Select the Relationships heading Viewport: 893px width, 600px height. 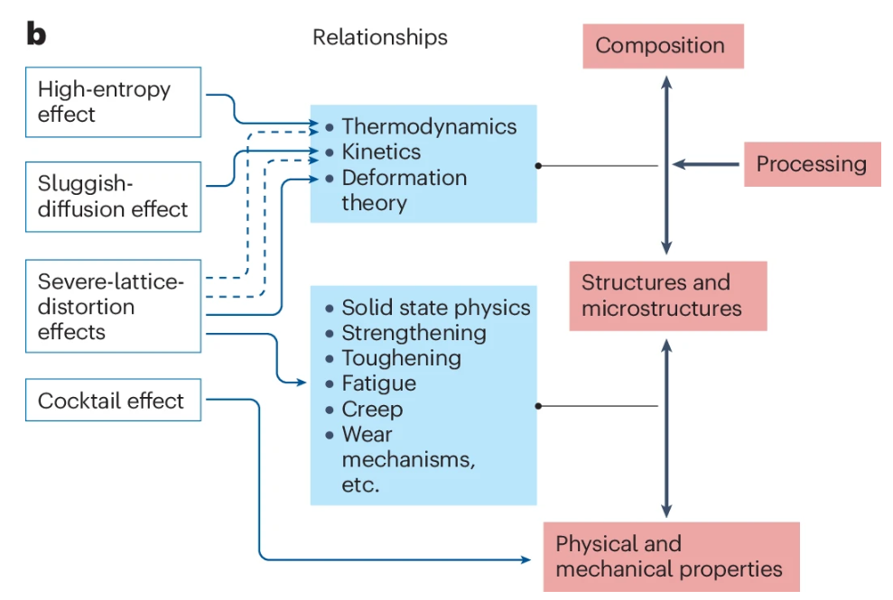(379, 37)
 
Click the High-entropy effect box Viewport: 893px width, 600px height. (113, 102)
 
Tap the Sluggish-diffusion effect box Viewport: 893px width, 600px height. (113, 197)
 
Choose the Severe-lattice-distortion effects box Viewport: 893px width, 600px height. (113, 307)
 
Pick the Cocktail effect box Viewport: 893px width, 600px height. (113, 401)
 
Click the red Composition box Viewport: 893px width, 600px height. (660, 46)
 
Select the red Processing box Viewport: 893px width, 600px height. (811, 164)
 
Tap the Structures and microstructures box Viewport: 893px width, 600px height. (667, 296)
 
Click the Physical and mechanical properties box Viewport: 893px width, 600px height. (670, 557)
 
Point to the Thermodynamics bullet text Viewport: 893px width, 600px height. (429, 127)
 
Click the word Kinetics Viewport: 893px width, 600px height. (381, 152)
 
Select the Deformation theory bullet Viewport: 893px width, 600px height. (404, 190)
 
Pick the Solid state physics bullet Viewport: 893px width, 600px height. (435, 308)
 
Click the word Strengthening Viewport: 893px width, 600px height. (414, 333)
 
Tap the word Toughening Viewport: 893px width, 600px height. (401, 358)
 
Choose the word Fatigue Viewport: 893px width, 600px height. (378, 383)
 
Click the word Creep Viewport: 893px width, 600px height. (372, 409)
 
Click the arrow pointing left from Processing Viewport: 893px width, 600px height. (705, 164)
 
